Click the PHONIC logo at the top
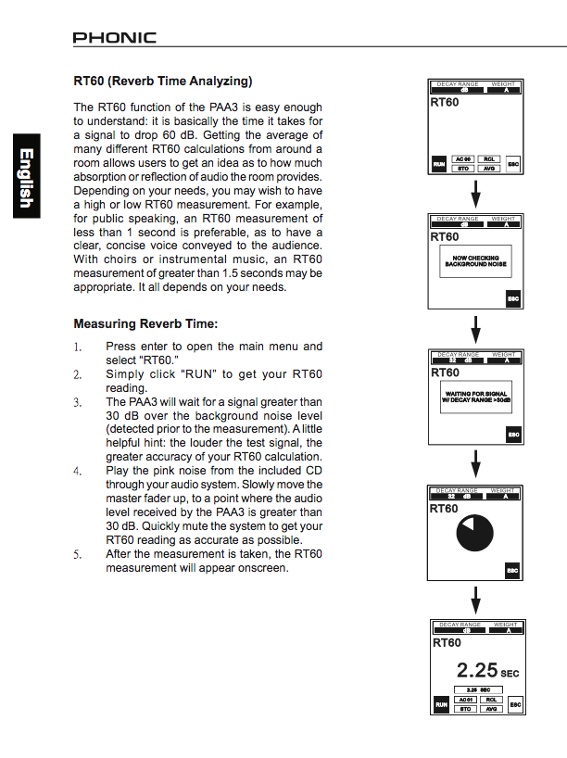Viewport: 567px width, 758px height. (115, 38)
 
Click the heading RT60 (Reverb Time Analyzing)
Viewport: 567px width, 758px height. (162, 81)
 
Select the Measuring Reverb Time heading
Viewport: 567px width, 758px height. (145, 324)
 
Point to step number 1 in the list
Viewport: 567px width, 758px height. (78, 347)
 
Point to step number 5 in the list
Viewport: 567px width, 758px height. (78, 554)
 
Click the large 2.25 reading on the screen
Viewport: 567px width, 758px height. (477, 669)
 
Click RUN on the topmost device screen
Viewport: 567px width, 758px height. (439, 165)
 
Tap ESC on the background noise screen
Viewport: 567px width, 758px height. (512, 299)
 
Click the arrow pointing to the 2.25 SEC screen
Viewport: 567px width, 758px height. (475, 598)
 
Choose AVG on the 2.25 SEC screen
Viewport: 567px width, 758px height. (491, 709)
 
